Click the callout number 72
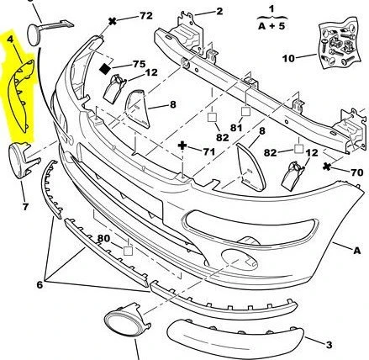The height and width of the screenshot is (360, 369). coord(146,15)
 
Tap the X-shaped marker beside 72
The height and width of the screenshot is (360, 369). coord(113,21)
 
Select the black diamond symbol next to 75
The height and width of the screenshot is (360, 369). coord(105,69)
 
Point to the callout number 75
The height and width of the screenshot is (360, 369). coord(140,64)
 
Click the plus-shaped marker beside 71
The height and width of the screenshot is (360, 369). coord(182,146)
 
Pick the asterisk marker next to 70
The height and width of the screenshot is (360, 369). coord(326,167)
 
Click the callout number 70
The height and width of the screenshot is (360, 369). coord(357,172)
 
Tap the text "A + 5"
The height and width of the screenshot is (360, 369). coord(271,26)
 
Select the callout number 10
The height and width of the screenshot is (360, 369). coord(288,59)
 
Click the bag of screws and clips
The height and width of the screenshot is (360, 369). coord(340,44)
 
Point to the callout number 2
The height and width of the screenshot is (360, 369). coord(219,11)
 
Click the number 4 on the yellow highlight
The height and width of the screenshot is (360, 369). coord(10,39)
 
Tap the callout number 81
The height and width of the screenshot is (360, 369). coord(236,128)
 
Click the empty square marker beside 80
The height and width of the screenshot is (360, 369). coord(128,251)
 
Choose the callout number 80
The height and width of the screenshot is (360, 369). coord(103,238)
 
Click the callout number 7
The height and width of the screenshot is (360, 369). coord(25,207)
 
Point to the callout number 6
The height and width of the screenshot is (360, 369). coord(40,285)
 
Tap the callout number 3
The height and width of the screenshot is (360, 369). coord(329,345)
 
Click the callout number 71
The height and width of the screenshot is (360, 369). coord(209,151)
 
